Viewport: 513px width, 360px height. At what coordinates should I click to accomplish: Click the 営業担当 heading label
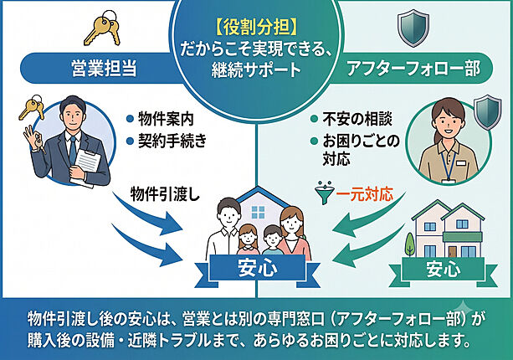104,69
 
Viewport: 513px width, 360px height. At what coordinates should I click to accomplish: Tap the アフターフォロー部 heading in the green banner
413,69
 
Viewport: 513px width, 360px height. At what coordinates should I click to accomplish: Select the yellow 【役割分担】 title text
257,27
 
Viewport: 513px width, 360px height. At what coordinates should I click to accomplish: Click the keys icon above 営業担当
102,28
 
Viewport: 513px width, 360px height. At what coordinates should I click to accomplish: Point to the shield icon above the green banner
413,28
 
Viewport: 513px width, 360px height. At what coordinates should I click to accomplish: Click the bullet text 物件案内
166,119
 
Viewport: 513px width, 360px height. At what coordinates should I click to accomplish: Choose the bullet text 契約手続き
172,141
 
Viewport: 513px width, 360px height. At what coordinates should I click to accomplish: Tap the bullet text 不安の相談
357,119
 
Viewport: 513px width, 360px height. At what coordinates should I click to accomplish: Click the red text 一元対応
365,195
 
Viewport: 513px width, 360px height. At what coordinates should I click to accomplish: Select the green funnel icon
324,193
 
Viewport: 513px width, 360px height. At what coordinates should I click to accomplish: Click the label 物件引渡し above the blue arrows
165,195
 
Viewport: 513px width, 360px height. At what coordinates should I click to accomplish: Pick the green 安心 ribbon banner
444,270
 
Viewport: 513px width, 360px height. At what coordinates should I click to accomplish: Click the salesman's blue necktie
72,151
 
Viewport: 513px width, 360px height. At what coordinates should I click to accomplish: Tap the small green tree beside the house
409,244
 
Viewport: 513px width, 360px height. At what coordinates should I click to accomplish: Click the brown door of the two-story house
453,251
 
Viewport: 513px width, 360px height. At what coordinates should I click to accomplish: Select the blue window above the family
258,213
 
